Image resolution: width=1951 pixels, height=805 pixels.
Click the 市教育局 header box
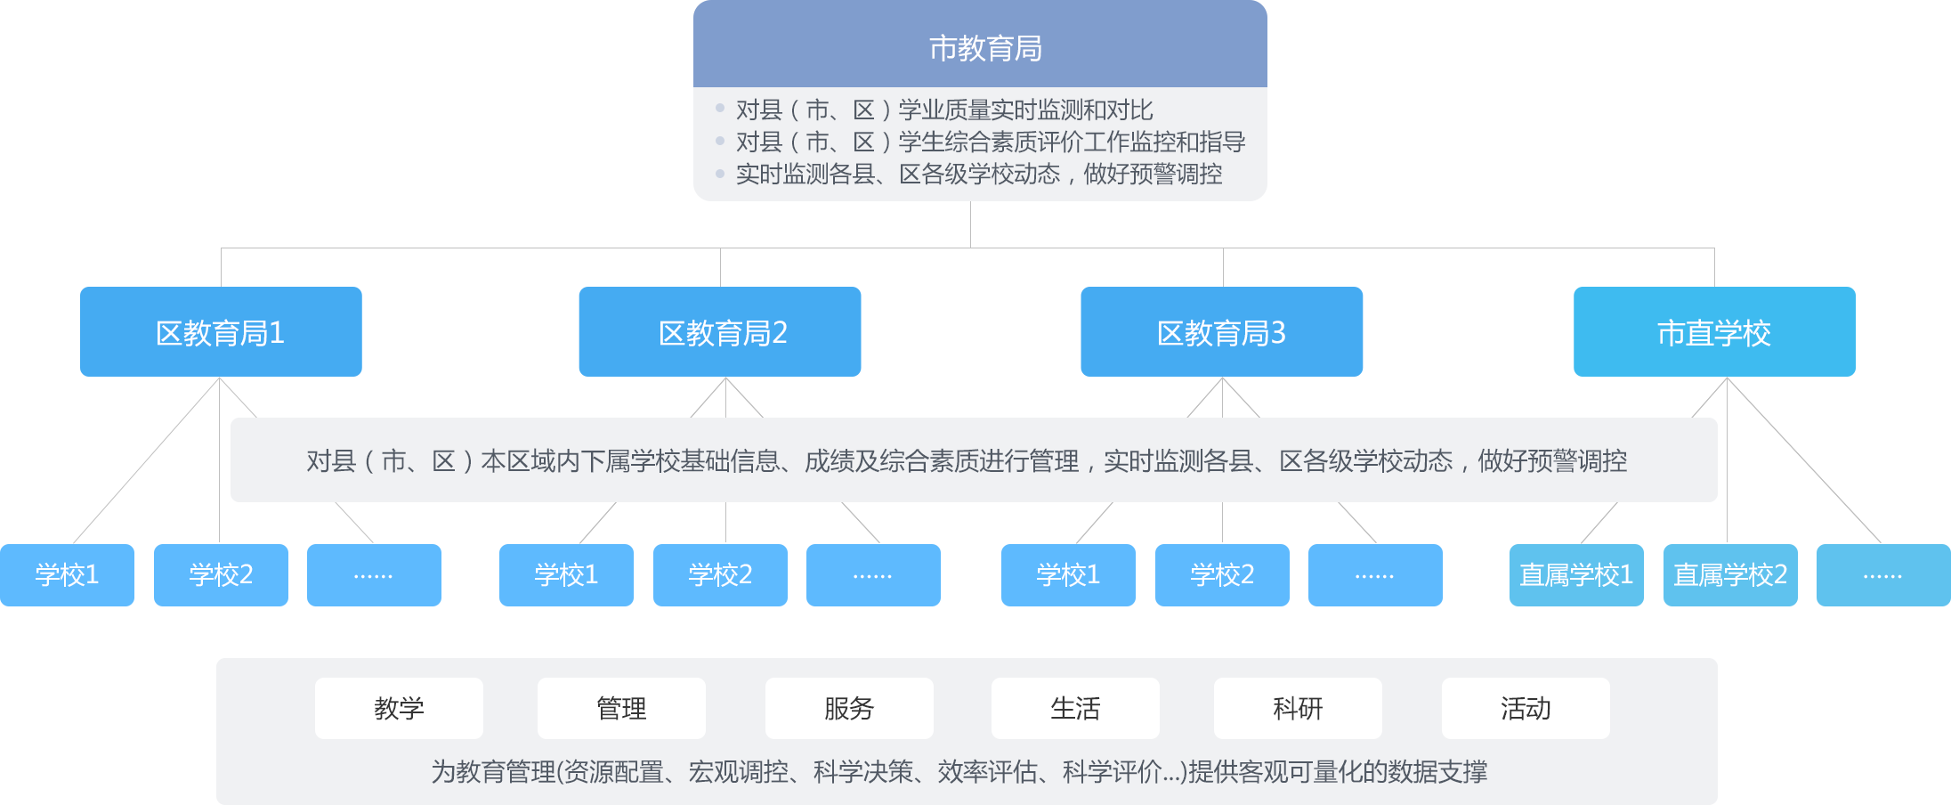tap(979, 46)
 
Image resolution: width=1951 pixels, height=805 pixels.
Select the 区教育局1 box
tap(221, 331)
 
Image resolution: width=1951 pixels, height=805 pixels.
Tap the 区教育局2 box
tap(719, 331)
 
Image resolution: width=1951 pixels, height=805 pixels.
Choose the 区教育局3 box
tap(1221, 331)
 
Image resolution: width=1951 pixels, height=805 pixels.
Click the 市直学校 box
tap(1714, 331)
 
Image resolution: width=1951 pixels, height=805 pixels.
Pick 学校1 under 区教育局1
tap(68, 575)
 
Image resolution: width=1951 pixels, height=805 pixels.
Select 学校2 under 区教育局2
tap(720, 575)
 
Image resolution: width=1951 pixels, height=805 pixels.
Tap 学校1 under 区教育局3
tap(1068, 575)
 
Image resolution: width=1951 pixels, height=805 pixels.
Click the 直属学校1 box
tap(1576, 575)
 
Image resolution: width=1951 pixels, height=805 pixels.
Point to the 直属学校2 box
tap(1729, 575)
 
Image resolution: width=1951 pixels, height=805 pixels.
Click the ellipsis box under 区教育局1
tap(374, 575)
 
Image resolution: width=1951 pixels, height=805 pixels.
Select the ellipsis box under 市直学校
tap(1882, 575)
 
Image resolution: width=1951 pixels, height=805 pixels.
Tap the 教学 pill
tap(399, 708)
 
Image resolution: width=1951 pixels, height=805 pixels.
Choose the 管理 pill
tap(621, 708)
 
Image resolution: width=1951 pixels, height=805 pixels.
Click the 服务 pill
tap(849, 708)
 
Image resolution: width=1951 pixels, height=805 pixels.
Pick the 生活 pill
tap(1075, 708)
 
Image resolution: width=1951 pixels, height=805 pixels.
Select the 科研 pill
tap(1298, 708)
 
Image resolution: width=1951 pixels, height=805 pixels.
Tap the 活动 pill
tap(1526, 708)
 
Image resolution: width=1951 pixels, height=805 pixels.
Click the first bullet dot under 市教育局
tap(720, 109)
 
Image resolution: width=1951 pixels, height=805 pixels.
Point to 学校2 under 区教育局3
tap(1221, 575)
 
